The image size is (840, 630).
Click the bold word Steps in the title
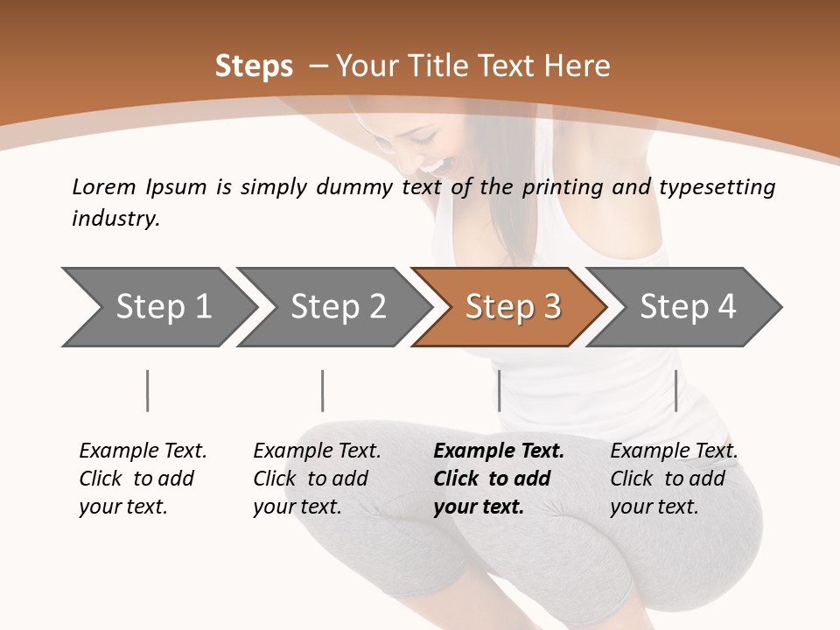[x=254, y=66]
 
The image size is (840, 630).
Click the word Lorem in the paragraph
[x=104, y=186]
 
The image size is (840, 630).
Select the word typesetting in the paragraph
[x=717, y=187]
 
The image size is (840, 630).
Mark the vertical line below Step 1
[x=148, y=390]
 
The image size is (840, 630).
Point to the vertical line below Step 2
[x=323, y=390]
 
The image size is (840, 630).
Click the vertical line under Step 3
[x=499, y=390]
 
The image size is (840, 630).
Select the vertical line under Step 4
[x=675, y=390]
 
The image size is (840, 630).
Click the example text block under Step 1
[x=142, y=479]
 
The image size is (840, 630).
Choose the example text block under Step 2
[x=316, y=479]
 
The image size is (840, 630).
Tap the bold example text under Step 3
[x=498, y=479]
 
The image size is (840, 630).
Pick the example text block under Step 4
[x=673, y=479]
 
